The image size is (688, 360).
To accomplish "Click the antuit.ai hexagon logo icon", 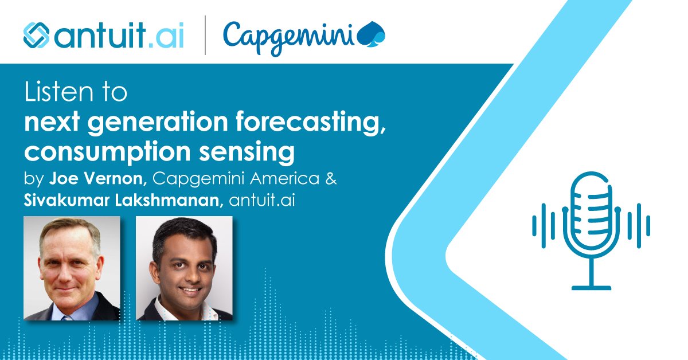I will [36, 35].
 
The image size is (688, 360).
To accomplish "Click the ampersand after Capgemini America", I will [330, 179].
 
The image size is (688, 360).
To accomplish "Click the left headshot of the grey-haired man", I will [72, 268].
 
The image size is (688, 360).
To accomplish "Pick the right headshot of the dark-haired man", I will [184, 268].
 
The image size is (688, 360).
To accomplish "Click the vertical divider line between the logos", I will [205, 36].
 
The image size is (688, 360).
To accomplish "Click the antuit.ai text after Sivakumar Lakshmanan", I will [261, 201].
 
